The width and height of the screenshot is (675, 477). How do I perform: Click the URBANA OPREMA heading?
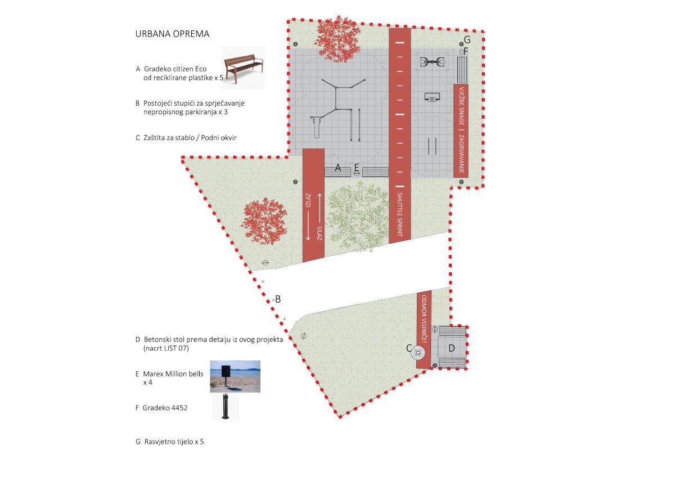pos(172,34)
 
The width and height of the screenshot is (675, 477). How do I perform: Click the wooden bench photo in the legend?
pos(244,68)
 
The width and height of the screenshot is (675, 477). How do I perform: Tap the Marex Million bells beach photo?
pos(235,376)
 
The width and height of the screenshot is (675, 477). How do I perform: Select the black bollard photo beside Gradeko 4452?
pos(226,407)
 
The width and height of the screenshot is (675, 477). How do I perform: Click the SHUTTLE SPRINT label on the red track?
pos(399,214)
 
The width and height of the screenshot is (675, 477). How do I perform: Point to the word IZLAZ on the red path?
pos(308,200)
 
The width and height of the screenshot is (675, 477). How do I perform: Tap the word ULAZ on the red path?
pos(319,233)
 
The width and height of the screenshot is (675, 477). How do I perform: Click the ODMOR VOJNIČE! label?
pos(424,319)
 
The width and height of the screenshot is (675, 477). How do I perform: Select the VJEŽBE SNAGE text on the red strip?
pos(461,106)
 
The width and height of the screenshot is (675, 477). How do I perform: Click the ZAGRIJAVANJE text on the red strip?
pos(461,154)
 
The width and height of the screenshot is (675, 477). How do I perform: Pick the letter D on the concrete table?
pos(451,348)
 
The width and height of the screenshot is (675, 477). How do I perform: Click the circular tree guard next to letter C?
pos(418,353)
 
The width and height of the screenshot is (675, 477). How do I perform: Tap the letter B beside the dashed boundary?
pos(278,299)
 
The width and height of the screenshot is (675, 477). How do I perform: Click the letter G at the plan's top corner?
pos(467,39)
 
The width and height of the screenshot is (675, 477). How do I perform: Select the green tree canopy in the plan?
pos(358,217)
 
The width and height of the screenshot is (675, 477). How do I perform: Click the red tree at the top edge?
pos(339,39)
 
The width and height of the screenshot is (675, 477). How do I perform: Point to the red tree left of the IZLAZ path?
pos(264,221)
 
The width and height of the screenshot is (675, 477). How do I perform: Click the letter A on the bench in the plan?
pos(338,168)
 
